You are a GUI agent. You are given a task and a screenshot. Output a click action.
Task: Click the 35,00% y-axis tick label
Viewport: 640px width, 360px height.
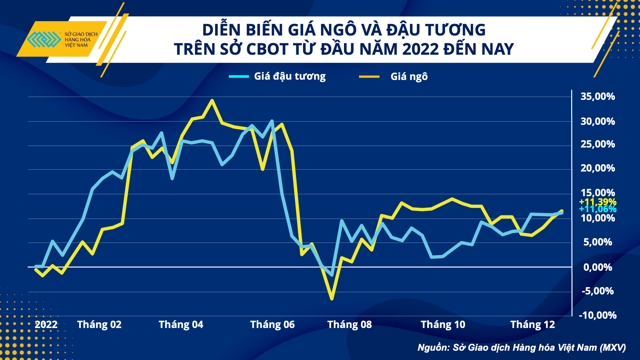pyautogui.click(x=597, y=96)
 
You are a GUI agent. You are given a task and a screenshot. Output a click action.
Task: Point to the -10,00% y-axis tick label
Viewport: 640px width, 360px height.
pyautogui.click(x=597, y=315)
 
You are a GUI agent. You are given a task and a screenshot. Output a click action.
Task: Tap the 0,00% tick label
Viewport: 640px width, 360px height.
pyautogui.click(x=597, y=267)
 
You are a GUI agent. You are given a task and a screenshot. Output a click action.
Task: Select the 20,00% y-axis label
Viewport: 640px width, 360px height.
pyautogui.click(x=597, y=168)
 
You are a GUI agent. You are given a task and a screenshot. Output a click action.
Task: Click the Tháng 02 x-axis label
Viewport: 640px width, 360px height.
pyautogui.click(x=99, y=324)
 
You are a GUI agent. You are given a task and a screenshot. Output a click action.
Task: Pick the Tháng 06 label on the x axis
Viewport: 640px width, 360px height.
pyautogui.click(x=272, y=324)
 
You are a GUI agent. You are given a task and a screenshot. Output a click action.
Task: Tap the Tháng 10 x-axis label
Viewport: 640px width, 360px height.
pyautogui.click(x=443, y=324)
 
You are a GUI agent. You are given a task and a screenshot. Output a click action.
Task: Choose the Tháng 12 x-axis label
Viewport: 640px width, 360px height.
pyautogui.click(x=532, y=324)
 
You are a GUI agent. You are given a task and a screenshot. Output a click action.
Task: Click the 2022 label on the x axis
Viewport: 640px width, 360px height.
pyautogui.click(x=46, y=324)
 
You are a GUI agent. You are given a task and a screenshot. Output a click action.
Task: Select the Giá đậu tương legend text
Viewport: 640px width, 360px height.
pyautogui.click(x=290, y=76)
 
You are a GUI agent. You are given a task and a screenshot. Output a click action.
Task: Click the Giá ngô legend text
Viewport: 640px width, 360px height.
pyautogui.click(x=409, y=77)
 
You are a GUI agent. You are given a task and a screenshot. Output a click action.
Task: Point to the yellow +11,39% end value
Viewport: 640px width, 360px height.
pyautogui.click(x=597, y=202)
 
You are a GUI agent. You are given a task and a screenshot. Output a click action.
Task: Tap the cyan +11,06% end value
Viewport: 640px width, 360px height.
pyautogui.click(x=597, y=209)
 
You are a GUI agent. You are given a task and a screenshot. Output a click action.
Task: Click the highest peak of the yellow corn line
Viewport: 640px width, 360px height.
pyautogui.click(x=212, y=100)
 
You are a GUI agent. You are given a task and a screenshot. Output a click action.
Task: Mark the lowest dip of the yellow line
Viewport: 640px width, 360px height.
pyautogui.click(x=332, y=299)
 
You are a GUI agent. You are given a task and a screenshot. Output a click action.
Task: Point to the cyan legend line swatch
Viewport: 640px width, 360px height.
pyautogui.click(x=239, y=76)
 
